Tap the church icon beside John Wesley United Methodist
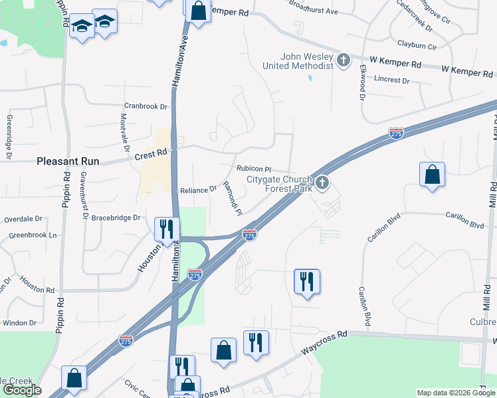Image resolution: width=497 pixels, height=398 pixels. (344, 61)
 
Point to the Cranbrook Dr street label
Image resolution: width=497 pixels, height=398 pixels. (146, 106)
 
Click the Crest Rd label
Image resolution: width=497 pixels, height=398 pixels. (151, 154)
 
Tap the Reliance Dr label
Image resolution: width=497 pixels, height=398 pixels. (199, 189)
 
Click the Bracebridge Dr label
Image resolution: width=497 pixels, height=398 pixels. (116, 217)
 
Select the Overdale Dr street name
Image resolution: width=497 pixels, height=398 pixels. (23, 218)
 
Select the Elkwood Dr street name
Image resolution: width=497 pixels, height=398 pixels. (363, 82)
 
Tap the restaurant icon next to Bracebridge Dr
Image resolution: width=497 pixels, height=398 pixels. (166, 229)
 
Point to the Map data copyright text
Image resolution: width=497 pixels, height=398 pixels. (455, 393)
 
